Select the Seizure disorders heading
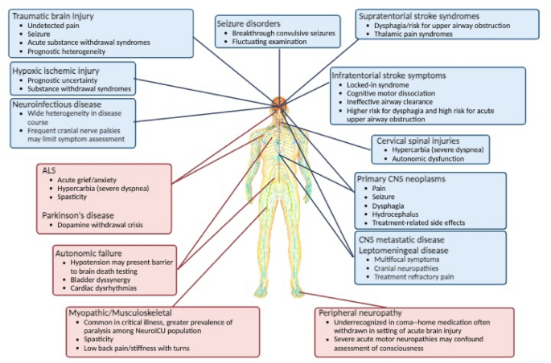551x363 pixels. (249, 22)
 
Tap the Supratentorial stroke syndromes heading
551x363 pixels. (419, 15)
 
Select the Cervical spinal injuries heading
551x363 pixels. (423, 141)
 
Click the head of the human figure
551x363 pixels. (278, 104)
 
